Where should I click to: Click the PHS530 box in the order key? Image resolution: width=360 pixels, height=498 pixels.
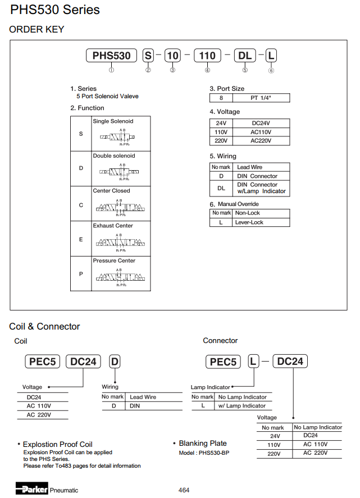pos(111,55)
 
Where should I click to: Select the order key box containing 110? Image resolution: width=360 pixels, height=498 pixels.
pos(207,55)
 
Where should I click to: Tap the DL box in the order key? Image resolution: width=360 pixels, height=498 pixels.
pos(245,55)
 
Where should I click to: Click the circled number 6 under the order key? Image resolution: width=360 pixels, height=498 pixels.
pos(271,70)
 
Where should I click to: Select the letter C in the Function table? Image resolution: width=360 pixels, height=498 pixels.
pos(81,205)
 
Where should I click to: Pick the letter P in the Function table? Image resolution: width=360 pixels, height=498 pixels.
pos(81,275)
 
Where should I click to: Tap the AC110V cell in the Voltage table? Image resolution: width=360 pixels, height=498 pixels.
pos(261,132)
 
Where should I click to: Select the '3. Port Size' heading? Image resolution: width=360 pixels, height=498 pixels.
pos(227,89)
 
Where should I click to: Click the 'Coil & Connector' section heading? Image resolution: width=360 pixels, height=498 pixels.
pos(44,327)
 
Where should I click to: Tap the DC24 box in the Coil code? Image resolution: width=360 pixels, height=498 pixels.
pos(83,362)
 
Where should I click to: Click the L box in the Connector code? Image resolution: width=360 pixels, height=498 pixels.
pos(254,362)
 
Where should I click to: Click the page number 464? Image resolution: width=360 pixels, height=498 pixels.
pos(184,490)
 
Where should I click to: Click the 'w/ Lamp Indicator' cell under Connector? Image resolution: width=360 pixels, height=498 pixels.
pos(241,406)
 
